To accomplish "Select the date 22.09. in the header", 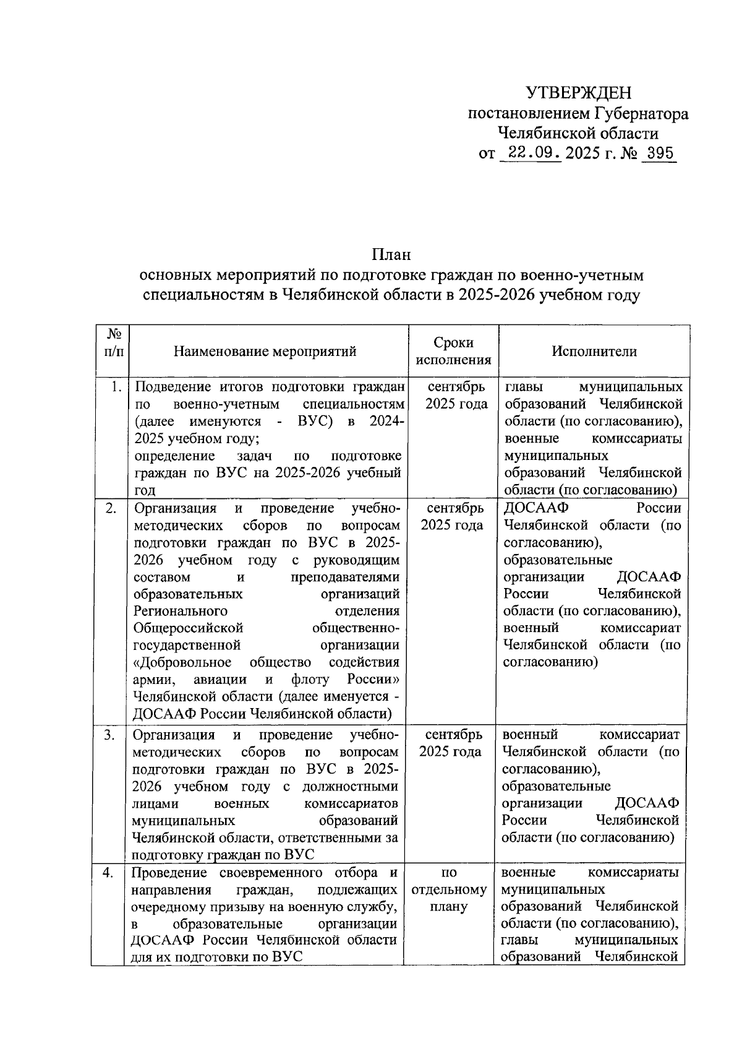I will pyautogui.click(x=531, y=153).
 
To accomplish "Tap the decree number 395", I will pyautogui.click(x=659, y=153).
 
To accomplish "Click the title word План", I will pyautogui.click(x=391, y=254).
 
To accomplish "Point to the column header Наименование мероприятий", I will pyautogui.click(x=265, y=352).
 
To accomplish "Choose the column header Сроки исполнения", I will pyautogui.click(x=453, y=351).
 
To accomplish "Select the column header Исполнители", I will pyautogui.click(x=594, y=351).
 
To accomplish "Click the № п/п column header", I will pyautogui.click(x=114, y=342).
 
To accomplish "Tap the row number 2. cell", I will pyautogui.click(x=112, y=509).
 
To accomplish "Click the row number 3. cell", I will pyautogui.click(x=109, y=735).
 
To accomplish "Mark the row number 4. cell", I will pyautogui.click(x=108, y=873).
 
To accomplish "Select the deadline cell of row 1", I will pyautogui.click(x=456, y=396).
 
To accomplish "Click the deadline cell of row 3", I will pyautogui.click(x=450, y=743).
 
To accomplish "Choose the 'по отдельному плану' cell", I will pyautogui.click(x=449, y=889).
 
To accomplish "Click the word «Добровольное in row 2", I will pyautogui.click(x=183, y=662).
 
